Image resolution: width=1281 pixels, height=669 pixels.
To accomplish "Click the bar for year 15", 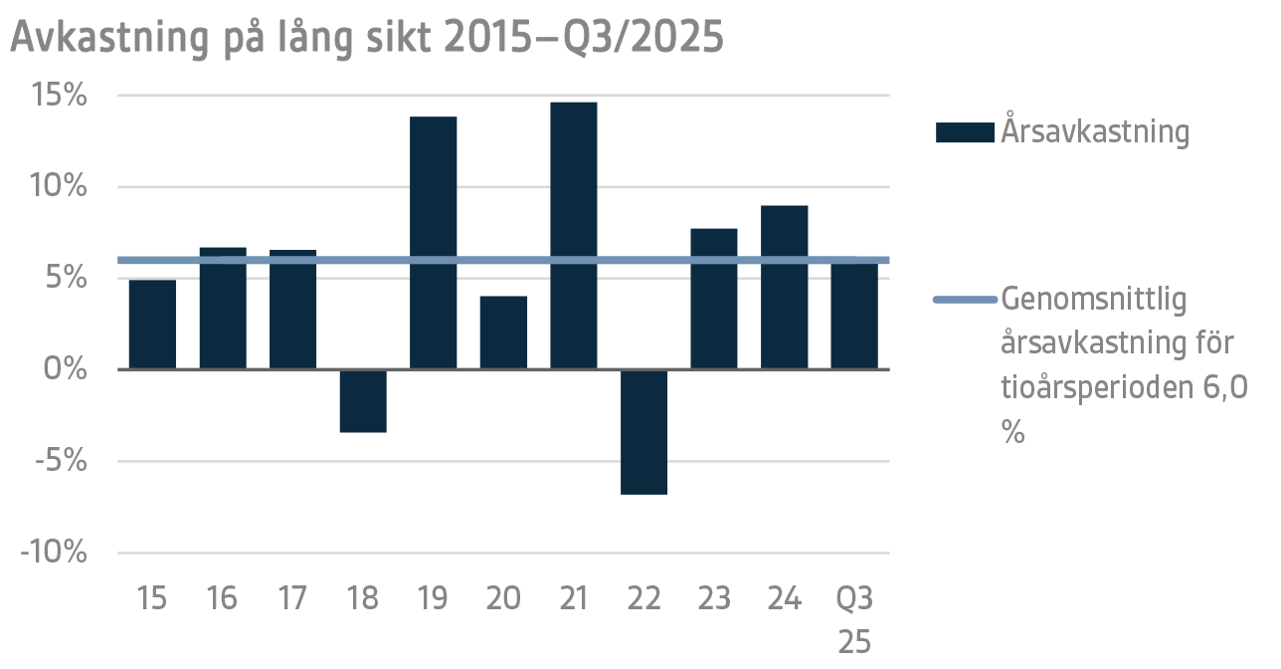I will click(152, 325).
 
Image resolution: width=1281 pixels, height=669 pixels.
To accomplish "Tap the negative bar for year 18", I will click(363, 401).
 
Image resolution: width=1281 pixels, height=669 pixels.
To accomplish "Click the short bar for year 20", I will click(503, 333).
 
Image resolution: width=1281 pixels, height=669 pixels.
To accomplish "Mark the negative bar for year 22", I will click(643, 432).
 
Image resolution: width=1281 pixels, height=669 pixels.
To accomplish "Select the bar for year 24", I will click(784, 288).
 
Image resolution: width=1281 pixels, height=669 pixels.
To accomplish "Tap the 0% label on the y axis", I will click(68, 369).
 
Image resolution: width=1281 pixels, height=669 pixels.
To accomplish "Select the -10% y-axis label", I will click(52, 553).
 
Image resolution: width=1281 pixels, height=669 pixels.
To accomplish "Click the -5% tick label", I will click(59, 461).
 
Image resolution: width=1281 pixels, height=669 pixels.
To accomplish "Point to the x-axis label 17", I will click(292, 598).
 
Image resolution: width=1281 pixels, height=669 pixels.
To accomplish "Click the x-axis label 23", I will click(713, 598).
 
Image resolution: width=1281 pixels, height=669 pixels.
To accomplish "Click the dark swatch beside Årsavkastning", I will click(965, 132).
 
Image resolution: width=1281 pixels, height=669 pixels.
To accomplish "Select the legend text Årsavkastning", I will click(1095, 132).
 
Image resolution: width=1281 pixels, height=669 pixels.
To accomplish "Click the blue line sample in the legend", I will click(965, 299).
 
